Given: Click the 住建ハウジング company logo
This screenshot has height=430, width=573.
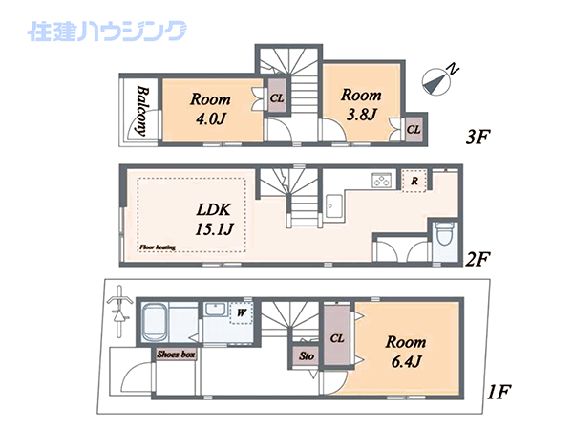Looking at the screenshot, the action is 107,32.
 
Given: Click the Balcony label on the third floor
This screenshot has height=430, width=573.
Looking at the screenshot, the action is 142,111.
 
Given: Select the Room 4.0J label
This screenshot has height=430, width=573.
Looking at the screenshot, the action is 210,109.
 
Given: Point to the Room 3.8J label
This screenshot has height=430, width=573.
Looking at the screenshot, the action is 361,104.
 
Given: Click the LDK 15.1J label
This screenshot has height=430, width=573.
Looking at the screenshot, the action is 214,220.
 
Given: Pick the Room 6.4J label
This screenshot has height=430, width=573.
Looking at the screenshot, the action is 406,352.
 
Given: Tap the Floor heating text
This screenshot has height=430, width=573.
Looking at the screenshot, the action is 158,247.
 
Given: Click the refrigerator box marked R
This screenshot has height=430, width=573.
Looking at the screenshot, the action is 414,181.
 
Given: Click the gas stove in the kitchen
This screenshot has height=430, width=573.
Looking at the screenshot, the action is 381,181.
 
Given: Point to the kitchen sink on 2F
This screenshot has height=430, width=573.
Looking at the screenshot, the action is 334,206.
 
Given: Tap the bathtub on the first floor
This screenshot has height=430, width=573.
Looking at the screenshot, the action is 155,323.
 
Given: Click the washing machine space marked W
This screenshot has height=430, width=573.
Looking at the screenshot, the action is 242,313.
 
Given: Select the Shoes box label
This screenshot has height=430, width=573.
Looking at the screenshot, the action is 176,354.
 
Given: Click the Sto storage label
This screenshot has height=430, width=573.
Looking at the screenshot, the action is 307,355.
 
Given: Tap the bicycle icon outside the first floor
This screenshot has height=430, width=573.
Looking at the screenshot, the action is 119,311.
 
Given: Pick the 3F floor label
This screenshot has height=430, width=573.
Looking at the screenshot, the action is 477,137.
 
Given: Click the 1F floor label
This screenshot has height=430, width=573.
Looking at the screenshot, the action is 499,392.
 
